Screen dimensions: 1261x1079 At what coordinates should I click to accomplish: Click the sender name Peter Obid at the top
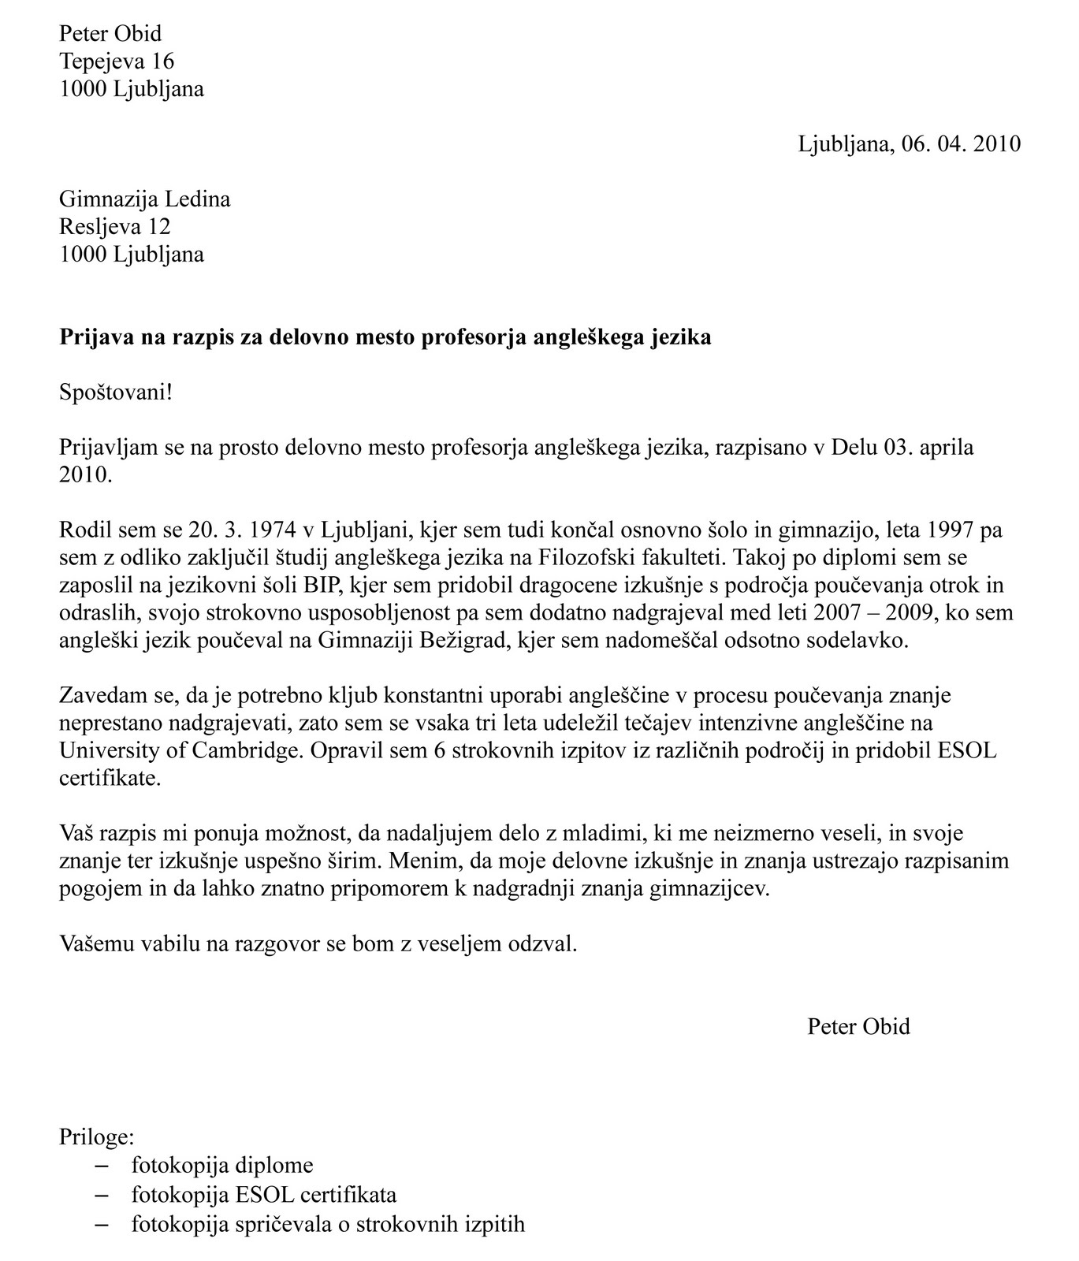click(110, 33)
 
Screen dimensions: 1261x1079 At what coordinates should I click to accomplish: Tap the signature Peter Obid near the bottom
click(858, 1026)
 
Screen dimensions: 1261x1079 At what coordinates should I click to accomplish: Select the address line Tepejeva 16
click(117, 61)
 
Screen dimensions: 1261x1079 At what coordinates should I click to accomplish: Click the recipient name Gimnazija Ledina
click(145, 199)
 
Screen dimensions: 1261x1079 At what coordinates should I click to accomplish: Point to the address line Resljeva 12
click(115, 226)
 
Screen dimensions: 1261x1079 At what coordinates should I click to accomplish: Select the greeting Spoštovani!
click(116, 392)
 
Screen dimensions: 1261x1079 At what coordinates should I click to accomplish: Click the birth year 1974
click(270, 530)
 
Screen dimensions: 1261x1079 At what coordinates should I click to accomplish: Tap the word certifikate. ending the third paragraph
click(110, 778)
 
